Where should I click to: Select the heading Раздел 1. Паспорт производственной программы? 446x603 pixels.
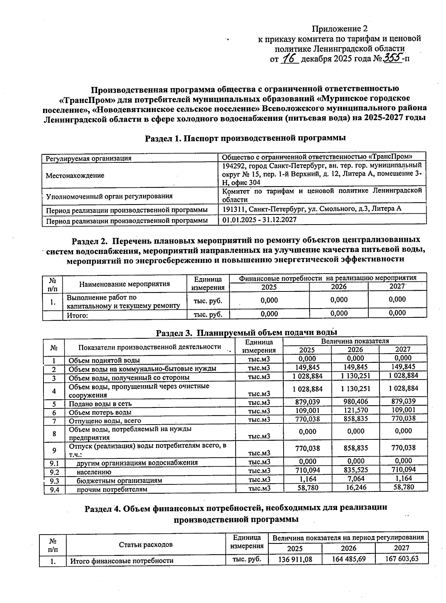pyautogui.click(x=245, y=138)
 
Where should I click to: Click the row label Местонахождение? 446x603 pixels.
pyautogui.click(x=75, y=175)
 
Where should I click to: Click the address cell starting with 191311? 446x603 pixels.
pyautogui.click(x=311, y=209)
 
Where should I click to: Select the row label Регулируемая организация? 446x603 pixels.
pyautogui.click(x=88, y=158)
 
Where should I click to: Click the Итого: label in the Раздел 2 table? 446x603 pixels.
pyautogui.click(x=77, y=316)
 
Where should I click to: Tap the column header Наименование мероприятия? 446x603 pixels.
pyautogui.click(x=125, y=284)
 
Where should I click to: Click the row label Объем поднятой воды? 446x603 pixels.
pyautogui.click(x=104, y=360)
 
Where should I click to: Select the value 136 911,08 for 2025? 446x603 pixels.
pyautogui.click(x=295, y=560)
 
